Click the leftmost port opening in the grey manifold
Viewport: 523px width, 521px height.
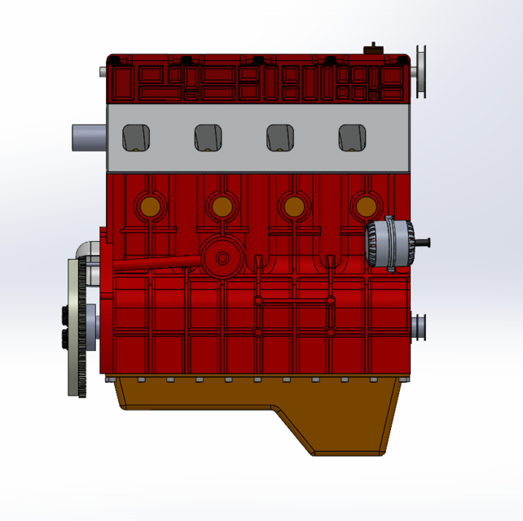(136, 138)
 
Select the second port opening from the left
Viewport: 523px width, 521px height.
(209, 138)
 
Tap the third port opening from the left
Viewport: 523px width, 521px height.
(281, 138)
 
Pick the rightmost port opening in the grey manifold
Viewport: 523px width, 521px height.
(353, 138)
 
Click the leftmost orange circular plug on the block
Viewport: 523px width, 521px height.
(149, 206)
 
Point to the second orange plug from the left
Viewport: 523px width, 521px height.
(221, 206)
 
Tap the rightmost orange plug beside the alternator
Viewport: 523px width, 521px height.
(364, 206)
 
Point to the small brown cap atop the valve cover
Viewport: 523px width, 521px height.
(373, 49)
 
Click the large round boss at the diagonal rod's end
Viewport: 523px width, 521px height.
(221, 258)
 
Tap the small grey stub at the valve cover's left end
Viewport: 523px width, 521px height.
(103, 72)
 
